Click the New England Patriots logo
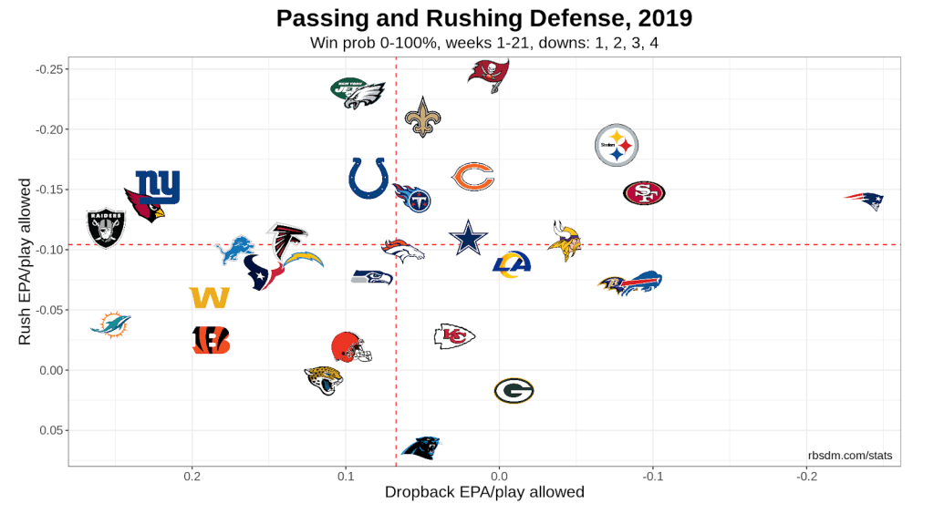click(864, 200)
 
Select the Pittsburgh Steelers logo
click(617, 146)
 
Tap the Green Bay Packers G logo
click(514, 391)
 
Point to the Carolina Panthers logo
click(421, 447)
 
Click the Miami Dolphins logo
click(111, 324)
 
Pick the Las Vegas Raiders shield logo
click(105, 228)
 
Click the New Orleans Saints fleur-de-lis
click(421, 118)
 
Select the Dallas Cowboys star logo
click(468, 239)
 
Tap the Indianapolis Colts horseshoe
click(368, 178)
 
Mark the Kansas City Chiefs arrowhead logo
click(454, 336)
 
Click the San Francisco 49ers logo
click(644, 193)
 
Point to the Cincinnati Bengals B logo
click(212, 340)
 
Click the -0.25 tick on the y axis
click(48, 69)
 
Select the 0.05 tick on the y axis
click(50, 430)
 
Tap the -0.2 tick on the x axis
click(806, 476)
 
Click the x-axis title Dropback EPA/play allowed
click(484, 493)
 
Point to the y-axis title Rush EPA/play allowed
click(26, 261)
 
